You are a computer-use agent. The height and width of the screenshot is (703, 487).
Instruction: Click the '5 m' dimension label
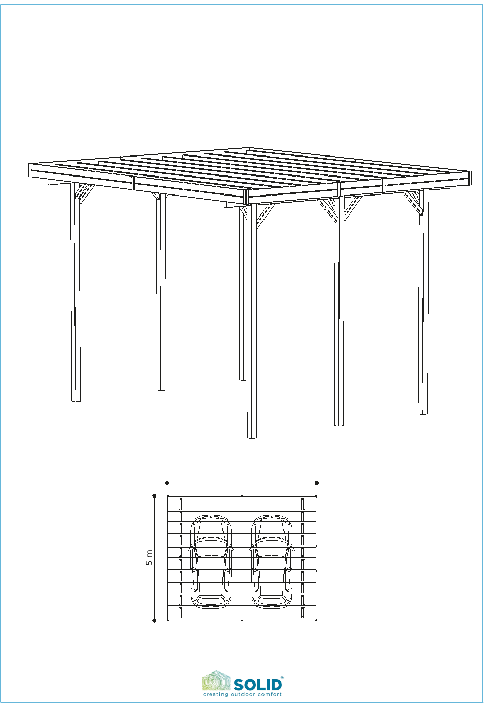[149, 558]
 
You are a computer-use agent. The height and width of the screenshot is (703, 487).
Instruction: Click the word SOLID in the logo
[258, 685]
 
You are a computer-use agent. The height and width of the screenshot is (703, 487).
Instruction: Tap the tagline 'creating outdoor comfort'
[242, 694]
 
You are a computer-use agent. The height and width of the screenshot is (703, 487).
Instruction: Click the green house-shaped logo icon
[216, 681]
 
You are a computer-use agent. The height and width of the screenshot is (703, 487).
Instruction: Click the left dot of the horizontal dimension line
[167, 483]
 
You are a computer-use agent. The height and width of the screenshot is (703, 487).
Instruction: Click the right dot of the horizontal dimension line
[317, 483]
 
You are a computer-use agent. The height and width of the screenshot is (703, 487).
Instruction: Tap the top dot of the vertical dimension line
[154, 496]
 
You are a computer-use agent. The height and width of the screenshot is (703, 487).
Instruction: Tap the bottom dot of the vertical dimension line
[154, 620]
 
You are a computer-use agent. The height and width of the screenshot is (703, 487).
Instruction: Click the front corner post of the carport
[252, 320]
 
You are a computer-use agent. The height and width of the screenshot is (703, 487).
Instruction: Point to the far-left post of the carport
[75, 292]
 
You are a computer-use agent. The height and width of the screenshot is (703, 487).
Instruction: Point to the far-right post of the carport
[423, 301]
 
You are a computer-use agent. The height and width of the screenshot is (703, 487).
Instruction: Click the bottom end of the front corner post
[252, 438]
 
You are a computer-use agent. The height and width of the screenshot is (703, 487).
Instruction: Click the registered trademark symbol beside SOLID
[282, 678]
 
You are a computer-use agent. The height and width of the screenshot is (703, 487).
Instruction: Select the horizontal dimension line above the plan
[242, 483]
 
